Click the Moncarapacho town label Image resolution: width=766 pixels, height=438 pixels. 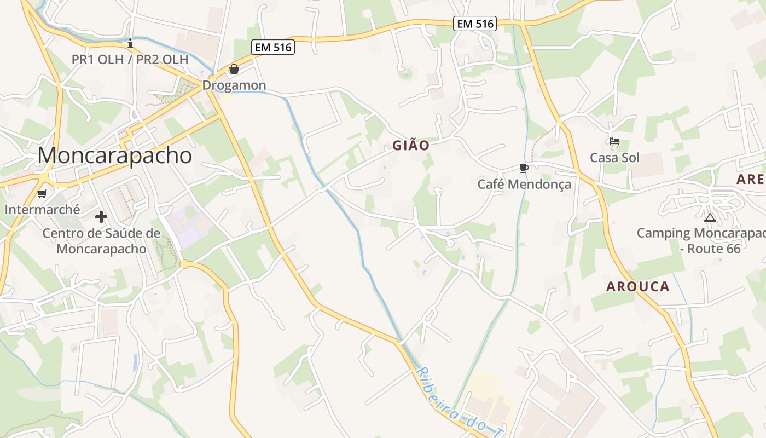(115, 155)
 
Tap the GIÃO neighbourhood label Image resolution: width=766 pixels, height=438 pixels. (410, 146)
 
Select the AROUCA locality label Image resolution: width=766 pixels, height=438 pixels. (638, 286)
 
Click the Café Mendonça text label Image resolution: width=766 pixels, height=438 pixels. (524, 184)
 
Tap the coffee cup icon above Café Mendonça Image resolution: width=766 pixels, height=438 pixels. (524, 168)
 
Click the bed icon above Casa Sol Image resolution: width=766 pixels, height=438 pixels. (614, 142)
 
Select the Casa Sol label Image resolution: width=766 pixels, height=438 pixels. (614, 158)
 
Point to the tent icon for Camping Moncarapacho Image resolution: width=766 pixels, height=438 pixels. (710, 217)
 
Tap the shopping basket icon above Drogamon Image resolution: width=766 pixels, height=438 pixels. (234, 69)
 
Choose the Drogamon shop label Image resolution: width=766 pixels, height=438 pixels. (234, 85)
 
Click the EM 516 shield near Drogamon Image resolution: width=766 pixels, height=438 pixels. (274, 48)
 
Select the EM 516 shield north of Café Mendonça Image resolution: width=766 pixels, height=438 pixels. (474, 24)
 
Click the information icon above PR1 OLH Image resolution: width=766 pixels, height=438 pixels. (130, 43)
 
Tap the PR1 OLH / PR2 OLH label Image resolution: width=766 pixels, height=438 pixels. (130, 59)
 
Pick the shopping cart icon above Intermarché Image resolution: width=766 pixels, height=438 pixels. (42, 193)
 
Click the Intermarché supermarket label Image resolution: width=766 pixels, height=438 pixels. (42, 209)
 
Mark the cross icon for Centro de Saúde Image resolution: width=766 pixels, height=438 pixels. (101, 216)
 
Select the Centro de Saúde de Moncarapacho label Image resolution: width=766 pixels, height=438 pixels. (102, 241)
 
